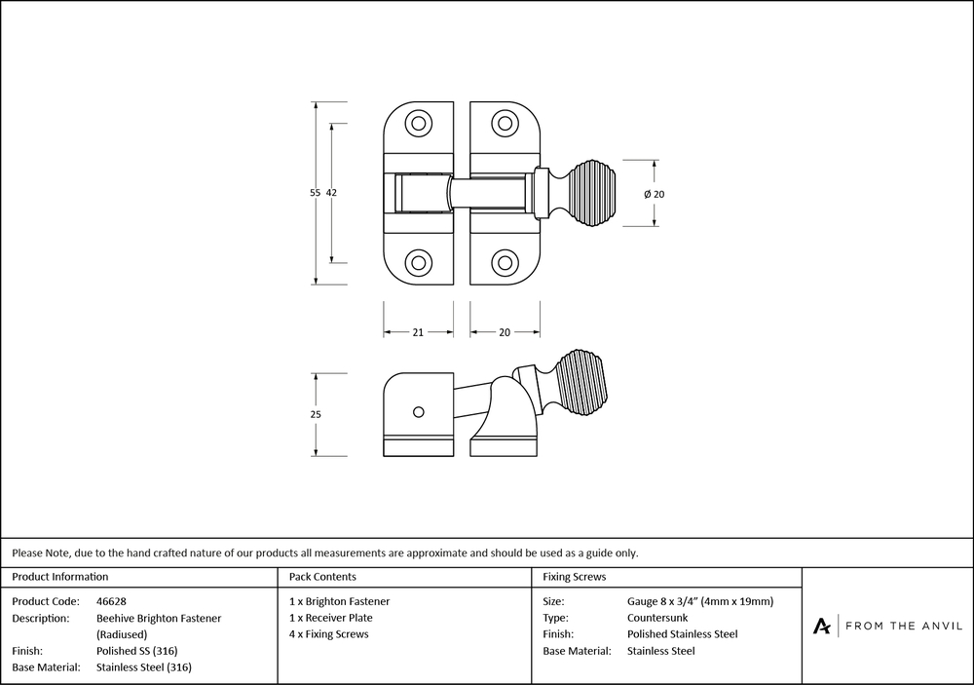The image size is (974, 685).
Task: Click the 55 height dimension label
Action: point(315,193)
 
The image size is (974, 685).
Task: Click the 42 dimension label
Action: point(331,193)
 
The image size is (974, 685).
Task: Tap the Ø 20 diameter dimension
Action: point(655,194)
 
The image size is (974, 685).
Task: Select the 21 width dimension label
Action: point(417,332)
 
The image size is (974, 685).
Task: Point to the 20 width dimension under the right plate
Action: point(505,332)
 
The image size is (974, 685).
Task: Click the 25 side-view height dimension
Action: point(315,414)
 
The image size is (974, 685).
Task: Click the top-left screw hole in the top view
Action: point(419,124)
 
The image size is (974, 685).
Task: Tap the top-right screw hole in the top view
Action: point(504,124)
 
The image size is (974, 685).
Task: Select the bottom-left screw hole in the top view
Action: point(419,262)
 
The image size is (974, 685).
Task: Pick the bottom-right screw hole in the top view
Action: point(504,262)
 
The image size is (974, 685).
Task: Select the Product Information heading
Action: point(60,577)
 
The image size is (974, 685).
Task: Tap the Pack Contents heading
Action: point(322,577)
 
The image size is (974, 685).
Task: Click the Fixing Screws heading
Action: point(575,577)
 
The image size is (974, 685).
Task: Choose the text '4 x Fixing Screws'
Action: point(329,634)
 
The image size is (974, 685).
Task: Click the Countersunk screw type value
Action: point(657,618)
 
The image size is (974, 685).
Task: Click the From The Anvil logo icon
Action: point(823,626)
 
